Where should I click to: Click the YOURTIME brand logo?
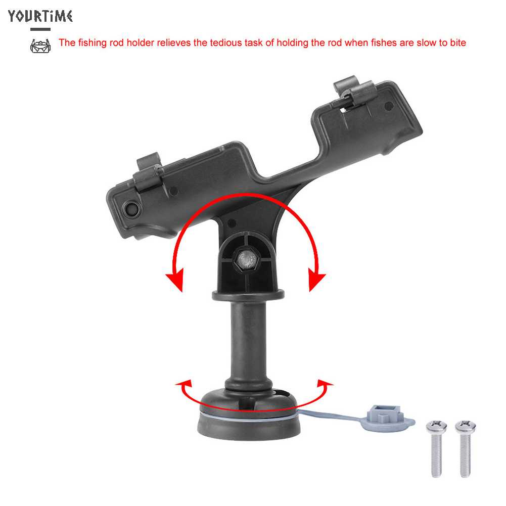[40, 16]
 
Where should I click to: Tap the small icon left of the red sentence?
[40, 45]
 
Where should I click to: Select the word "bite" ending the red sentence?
[456, 42]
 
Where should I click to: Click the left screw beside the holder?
[435, 447]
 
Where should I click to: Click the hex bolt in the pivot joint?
[245, 260]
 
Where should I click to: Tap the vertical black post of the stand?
[248, 344]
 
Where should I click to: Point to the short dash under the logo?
[40, 29]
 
